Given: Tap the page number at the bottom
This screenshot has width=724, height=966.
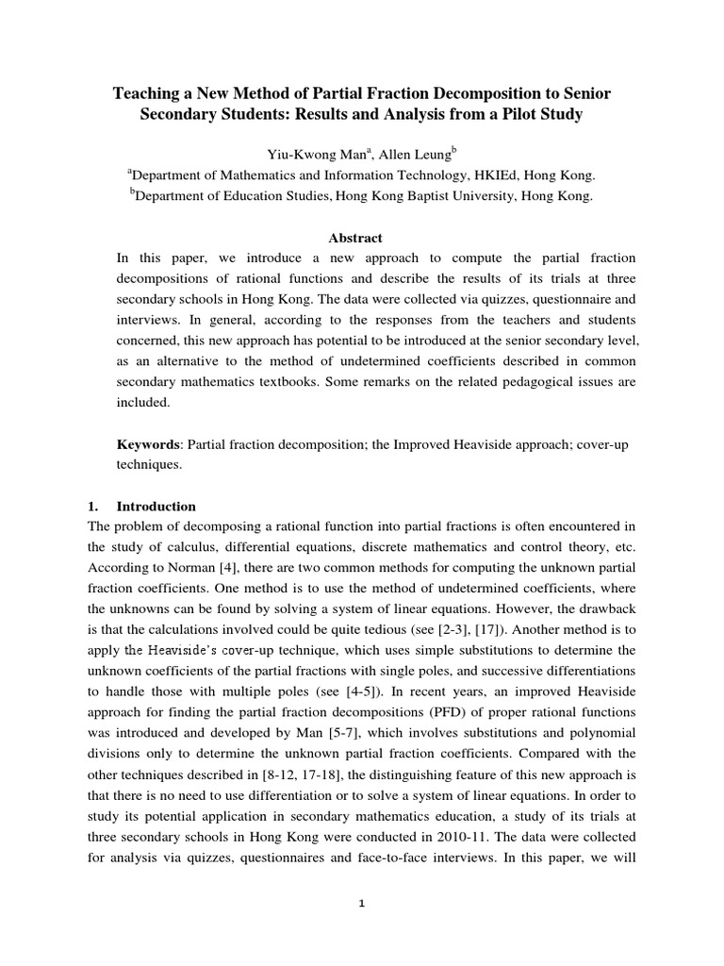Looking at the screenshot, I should click(362, 904).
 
